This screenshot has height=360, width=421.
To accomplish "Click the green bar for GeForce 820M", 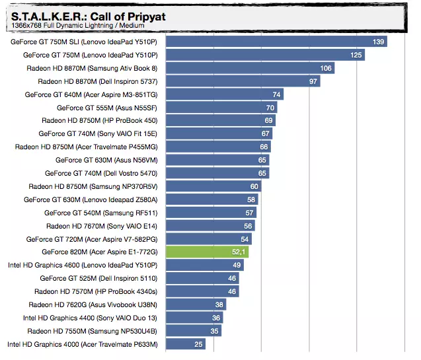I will (x=207, y=252).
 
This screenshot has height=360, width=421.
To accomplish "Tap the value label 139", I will (x=378, y=42).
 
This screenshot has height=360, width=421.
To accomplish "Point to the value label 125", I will (x=356, y=55).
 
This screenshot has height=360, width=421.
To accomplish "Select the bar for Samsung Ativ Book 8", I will (x=250, y=68).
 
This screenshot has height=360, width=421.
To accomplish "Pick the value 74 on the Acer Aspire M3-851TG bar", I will (x=277, y=94).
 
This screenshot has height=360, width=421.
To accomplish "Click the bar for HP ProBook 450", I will (x=220, y=120).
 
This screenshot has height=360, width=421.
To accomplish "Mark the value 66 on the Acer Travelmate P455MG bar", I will (x=264, y=147).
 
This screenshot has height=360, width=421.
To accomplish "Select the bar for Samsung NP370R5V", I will (x=213, y=186).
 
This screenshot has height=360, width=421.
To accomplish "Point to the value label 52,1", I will (x=239, y=252).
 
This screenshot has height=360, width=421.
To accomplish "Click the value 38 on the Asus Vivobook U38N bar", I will (x=219, y=305).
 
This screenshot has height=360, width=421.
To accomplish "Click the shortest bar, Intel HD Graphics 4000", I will (x=186, y=343).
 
